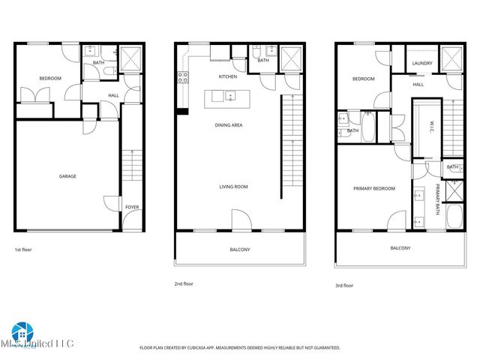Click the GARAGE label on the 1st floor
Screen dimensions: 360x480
coord(67,176)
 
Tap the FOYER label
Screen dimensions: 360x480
coord(132,207)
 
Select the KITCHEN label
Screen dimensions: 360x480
coord(228,76)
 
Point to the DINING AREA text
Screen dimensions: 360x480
coord(228,125)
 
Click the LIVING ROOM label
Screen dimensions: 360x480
coord(233,187)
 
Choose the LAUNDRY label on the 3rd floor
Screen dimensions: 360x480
coord(421,63)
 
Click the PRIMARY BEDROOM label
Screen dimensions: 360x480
coord(373,188)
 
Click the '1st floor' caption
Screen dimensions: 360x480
coord(24,249)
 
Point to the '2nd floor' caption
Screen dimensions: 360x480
coord(184,284)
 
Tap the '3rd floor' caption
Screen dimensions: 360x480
coord(343,285)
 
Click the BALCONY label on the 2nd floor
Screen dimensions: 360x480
coord(239,249)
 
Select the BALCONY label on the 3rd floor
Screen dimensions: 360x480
coord(400,248)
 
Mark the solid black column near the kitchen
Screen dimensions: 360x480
coord(181,112)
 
